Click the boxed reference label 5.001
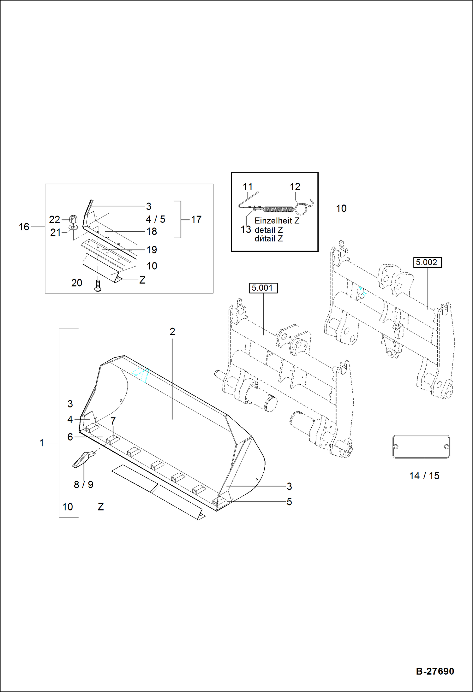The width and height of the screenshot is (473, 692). click(263, 288)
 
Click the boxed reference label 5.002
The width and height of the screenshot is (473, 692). click(427, 262)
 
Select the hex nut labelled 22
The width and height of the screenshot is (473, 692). click(73, 218)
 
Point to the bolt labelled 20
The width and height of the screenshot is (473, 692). click(98, 285)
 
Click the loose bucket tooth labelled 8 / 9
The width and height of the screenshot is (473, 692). click(83, 459)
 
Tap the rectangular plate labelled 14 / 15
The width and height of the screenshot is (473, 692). click(421, 447)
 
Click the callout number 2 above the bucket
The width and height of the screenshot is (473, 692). click(172, 332)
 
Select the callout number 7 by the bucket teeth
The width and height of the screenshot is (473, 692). click(113, 421)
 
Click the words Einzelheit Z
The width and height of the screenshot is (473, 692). click(277, 221)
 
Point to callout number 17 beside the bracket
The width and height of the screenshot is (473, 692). click(196, 219)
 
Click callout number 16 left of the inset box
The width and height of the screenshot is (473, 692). click(24, 227)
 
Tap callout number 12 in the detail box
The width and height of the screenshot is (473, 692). click(295, 187)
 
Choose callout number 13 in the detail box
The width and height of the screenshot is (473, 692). click(246, 229)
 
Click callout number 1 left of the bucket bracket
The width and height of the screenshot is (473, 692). click(41, 443)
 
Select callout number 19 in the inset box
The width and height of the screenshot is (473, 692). click(152, 250)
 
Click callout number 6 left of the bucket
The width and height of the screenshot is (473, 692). click(70, 437)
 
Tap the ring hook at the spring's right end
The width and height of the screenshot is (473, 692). click(301, 209)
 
